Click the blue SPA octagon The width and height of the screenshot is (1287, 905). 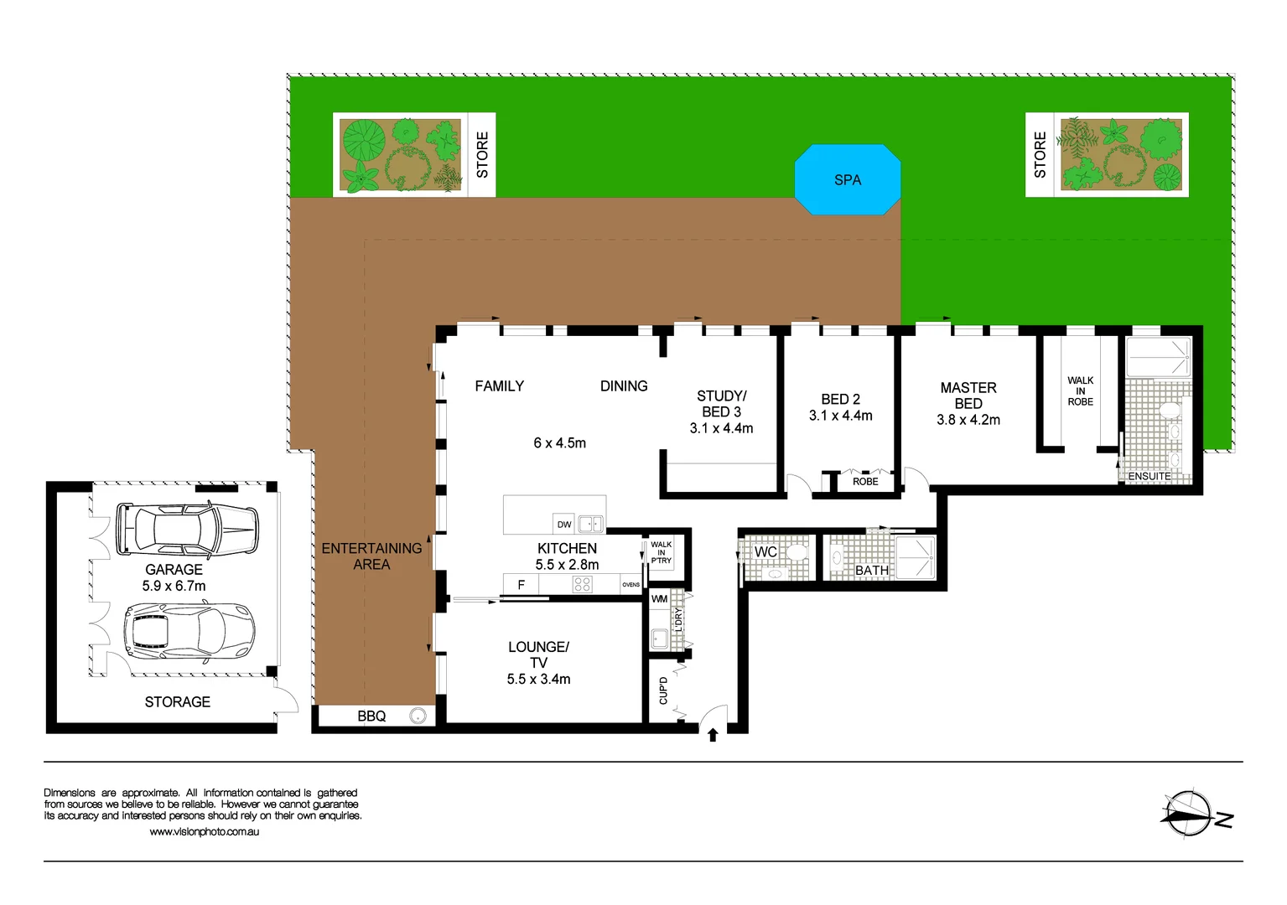click(847, 179)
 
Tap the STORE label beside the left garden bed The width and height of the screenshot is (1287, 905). click(482, 155)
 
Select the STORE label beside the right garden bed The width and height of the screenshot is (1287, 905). click(1040, 155)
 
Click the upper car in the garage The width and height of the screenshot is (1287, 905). click(186, 530)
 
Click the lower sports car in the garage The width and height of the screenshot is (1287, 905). click(189, 630)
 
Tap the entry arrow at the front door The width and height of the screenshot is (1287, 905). click(713, 735)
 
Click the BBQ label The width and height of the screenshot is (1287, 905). click(371, 716)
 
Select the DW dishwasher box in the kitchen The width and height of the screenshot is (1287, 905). click(564, 525)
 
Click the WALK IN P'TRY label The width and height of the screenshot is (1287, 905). click(662, 552)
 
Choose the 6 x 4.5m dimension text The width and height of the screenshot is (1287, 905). click(559, 442)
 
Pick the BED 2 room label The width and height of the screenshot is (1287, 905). click(840, 400)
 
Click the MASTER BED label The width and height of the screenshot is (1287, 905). click(968, 396)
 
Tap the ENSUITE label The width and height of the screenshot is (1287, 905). click(1149, 476)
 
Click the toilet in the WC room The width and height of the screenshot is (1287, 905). click(795, 552)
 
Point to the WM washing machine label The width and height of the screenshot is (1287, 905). click(660, 599)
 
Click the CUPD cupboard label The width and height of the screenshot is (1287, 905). click(663, 690)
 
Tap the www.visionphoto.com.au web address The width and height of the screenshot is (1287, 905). click(204, 832)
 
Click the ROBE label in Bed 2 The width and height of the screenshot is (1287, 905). click(865, 482)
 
